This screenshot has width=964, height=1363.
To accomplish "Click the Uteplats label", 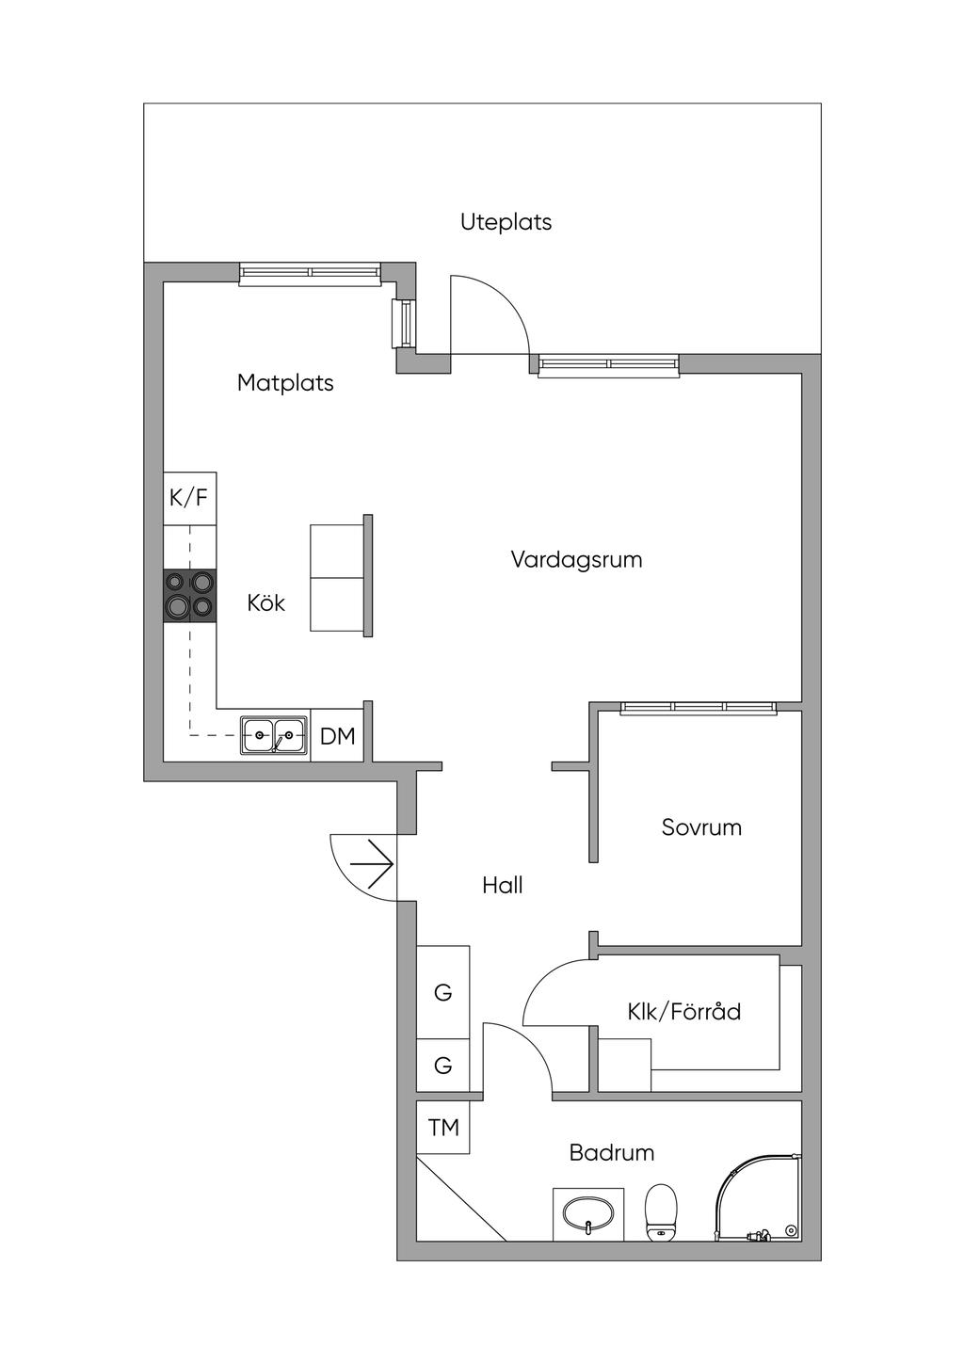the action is point(506,222).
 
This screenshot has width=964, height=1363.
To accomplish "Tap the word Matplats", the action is point(285,383).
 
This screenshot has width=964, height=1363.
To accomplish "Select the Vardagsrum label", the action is point(576,560).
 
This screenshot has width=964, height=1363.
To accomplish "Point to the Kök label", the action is point(266,603).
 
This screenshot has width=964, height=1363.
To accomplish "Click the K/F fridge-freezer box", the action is point(190,498).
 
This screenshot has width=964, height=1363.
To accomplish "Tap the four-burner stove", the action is point(190,595).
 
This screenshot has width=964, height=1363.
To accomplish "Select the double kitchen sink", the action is point(274,735).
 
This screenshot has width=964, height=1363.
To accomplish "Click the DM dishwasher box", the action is point(337,736).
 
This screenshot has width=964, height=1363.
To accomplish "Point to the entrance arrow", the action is point(373,864).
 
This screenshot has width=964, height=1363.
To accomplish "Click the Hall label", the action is point(503,886).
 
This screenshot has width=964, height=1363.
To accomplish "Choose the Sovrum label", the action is point(701,827).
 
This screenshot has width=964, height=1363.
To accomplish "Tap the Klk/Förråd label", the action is point(684,1012).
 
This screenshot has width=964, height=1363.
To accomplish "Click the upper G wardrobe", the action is point(442,992).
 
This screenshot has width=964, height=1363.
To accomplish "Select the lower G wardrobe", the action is point(442,1066).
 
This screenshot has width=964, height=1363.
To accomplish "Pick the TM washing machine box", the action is point(443,1128).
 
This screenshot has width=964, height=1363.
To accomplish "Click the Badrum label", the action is point(612,1152).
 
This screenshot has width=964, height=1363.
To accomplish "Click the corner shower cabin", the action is point(758,1198).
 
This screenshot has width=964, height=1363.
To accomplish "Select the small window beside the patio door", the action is point(402,324).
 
